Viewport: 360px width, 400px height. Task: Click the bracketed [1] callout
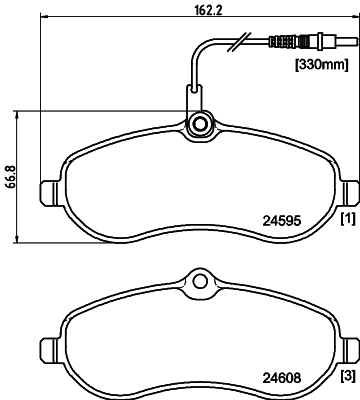coord(347,217)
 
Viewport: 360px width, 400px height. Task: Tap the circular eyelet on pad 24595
coord(199,124)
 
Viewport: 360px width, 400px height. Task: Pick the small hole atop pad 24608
coord(198,282)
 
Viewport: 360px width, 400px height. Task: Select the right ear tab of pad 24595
coord(351,191)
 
